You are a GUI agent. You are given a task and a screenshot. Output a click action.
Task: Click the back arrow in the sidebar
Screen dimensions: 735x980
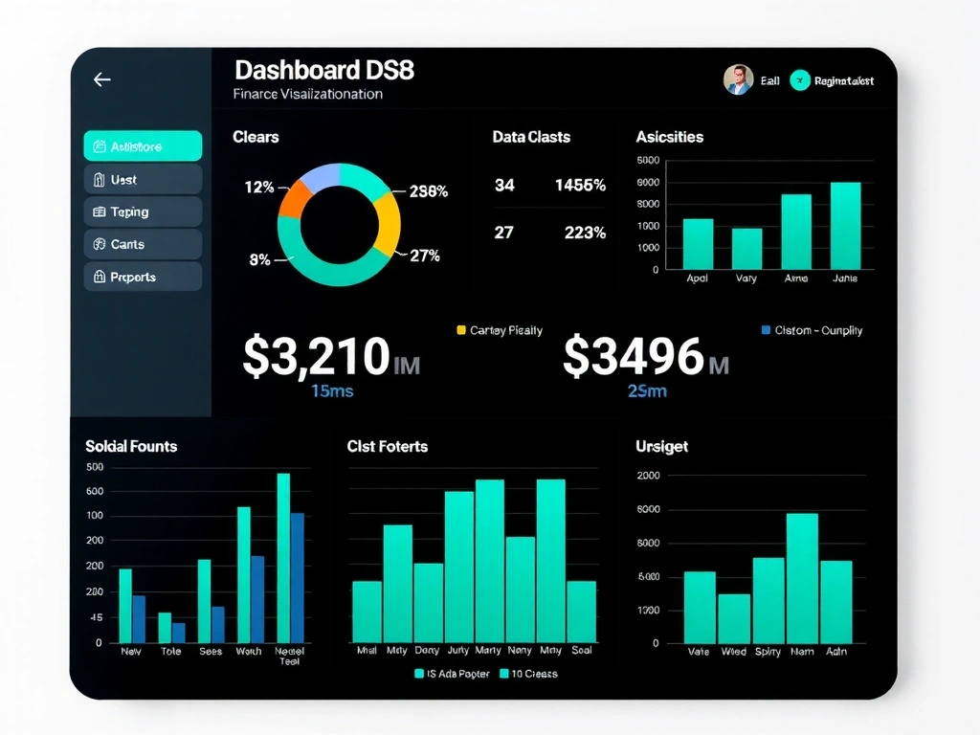pos(102,80)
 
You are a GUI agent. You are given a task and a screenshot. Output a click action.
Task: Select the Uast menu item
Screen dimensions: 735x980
pos(143,179)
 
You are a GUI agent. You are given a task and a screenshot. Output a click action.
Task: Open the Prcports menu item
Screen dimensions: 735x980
pos(143,277)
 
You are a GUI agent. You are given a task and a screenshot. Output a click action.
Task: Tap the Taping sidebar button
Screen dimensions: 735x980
pos(143,212)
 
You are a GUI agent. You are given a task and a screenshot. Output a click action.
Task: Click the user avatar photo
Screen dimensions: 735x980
pos(738,80)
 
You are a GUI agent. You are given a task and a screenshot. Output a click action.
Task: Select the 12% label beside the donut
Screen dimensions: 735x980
pos(258,188)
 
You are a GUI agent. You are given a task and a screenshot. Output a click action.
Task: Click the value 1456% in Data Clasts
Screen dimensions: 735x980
pos(580,186)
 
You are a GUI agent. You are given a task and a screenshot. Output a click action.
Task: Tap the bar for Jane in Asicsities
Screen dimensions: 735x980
pos(845,226)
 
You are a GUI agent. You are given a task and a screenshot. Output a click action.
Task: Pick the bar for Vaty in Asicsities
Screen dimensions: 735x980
pos(746,249)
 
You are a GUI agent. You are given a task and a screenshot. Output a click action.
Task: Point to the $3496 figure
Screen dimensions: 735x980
pos(634,356)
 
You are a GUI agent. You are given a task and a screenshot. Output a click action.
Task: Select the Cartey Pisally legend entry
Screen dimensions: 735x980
pos(500,330)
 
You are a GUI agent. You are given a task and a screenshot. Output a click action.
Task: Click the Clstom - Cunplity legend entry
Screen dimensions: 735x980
pos(812,330)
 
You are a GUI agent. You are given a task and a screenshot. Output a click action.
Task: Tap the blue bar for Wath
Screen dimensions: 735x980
pos(256,598)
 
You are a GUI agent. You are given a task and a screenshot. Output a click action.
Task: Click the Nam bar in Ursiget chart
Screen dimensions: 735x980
pos(802,578)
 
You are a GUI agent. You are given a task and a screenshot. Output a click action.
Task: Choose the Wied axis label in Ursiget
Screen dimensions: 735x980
pos(734,652)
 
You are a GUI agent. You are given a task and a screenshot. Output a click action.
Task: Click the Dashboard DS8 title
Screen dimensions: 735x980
pos(323,70)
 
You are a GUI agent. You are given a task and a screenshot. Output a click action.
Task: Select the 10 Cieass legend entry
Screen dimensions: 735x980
pos(527,674)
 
